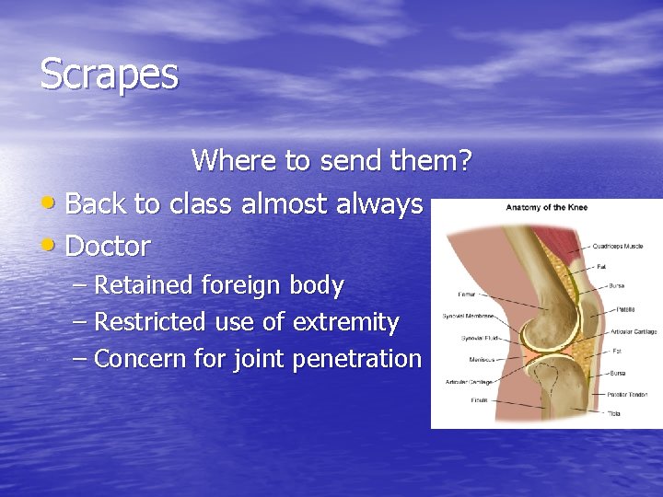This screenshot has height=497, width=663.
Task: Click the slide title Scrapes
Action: (109, 75)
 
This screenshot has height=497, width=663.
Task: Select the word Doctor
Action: (108, 247)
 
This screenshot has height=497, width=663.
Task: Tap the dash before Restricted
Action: (79, 322)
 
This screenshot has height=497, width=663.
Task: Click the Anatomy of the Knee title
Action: (546, 207)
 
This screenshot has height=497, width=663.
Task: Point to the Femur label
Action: (466, 295)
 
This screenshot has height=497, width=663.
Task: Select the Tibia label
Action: (613, 414)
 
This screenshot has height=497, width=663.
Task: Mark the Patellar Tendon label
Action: (626, 394)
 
